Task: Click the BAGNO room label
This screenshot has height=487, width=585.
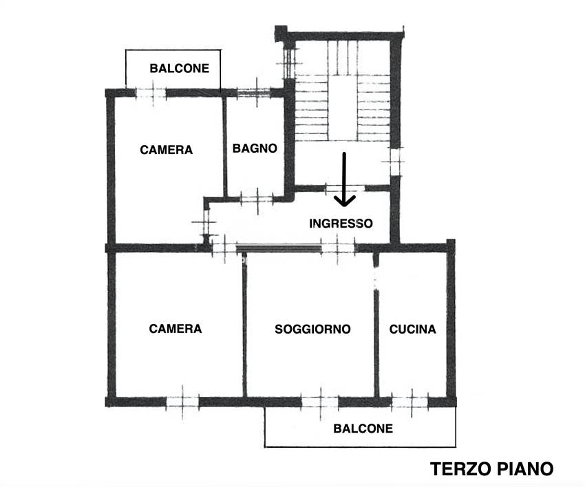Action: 255,148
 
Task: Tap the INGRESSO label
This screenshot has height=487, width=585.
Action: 341,224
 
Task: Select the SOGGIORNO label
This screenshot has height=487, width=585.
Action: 312,329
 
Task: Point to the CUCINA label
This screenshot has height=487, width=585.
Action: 412,329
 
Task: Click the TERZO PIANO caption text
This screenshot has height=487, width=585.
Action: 491,468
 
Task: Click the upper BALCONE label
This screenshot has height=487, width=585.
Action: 180,69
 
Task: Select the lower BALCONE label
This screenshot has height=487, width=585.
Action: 363,429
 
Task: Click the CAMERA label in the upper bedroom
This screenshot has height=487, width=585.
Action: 166,149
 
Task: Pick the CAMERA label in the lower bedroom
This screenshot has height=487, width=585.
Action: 175,329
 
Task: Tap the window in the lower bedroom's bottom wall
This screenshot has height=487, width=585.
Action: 182,401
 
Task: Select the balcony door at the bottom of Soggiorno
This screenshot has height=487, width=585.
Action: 321,401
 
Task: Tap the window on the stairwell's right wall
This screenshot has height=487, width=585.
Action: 395,162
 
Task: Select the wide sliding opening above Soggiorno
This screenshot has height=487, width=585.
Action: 279,248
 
